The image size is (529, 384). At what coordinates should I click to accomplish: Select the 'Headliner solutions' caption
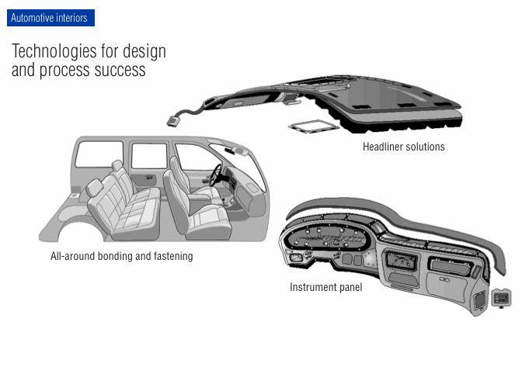click(403, 147)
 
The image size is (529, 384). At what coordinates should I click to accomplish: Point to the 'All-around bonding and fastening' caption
click(121, 256)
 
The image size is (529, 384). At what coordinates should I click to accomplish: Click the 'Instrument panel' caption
click(325, 287)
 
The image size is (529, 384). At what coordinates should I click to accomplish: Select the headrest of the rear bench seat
click(117, 170)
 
